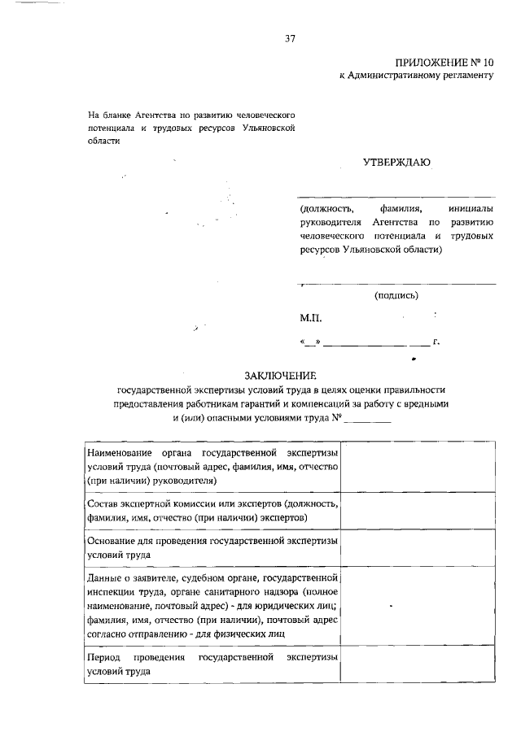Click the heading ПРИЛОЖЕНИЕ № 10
[444, 63]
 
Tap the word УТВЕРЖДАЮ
[396, 163]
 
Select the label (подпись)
[396, 296]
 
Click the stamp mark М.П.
[311, 320]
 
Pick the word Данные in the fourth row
[103, 577]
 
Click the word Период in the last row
[103, 656]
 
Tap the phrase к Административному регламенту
[417, 76]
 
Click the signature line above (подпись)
[396, 284]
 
